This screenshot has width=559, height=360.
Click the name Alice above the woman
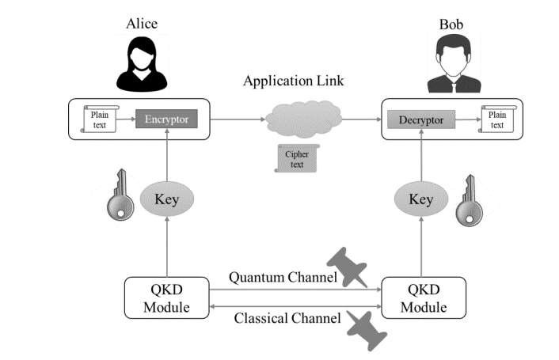click(142, 23)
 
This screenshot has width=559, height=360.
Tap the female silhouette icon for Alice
click(142, 64)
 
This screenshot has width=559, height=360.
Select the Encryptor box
click(165, 119)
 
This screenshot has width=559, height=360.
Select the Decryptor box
click(421, 120)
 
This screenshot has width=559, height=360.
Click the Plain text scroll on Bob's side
click(496, 119)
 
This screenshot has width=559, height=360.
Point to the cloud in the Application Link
click(303, 119)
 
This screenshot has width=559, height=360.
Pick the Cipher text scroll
click(296, 157)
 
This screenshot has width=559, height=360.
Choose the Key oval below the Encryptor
click(166, 199)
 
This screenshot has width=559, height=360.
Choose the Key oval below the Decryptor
click(420, 199)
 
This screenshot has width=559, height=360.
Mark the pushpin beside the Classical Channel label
click(366, 328)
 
